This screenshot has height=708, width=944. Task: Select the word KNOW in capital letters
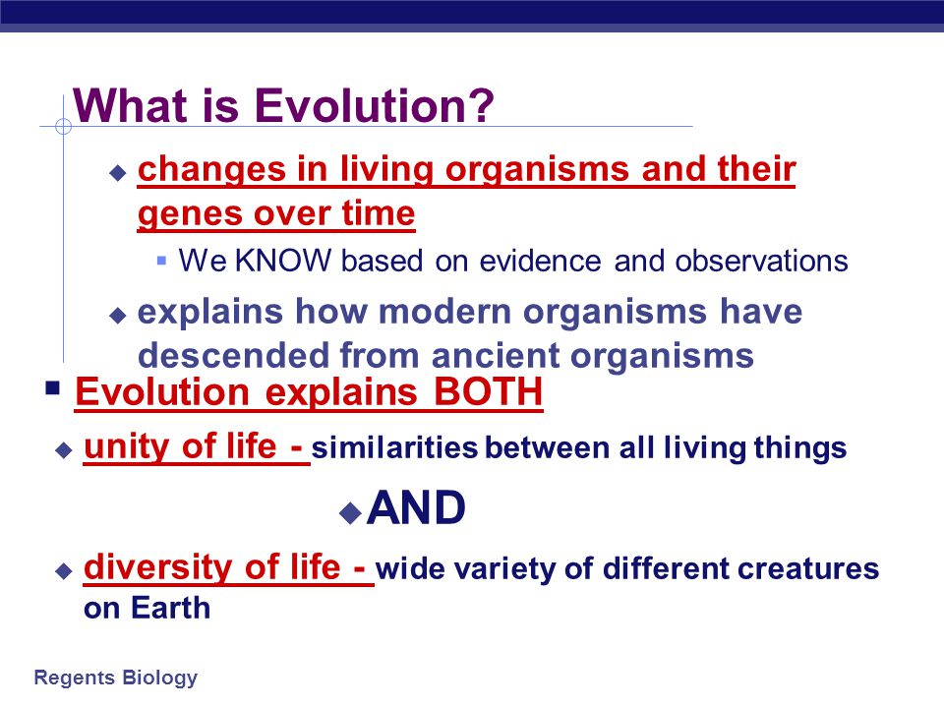283,261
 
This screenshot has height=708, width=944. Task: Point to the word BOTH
489,392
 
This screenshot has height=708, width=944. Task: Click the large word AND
416,508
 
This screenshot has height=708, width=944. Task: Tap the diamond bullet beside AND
350,513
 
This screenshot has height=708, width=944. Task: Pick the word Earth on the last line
171,608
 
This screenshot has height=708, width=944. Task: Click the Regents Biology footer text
116,678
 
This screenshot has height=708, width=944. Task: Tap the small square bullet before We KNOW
161,261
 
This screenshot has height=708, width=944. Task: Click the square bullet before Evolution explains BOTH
52,387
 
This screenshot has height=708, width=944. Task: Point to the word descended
234,355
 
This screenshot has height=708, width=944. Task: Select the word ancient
496,355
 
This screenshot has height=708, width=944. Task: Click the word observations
761,261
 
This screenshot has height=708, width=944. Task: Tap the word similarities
394,448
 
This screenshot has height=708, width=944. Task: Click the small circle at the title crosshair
63,127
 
